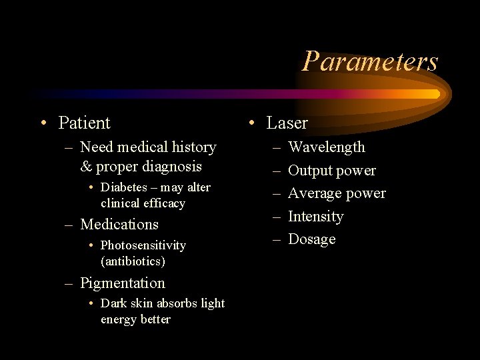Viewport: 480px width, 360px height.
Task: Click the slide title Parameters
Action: [x=370, y=61]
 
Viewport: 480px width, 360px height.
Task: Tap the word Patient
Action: [x=84, y=123]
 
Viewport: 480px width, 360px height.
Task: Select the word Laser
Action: [x=287, y=123]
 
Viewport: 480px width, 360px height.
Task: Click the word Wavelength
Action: [x=327, y=147]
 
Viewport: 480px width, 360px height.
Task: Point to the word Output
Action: [x=310, y=171]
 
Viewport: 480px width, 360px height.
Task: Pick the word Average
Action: [x=315, y=193]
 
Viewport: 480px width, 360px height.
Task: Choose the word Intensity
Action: [x=315, y=217]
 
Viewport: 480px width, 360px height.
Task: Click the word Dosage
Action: [x=311, y=239]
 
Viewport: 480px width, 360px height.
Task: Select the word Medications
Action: [x=119, y=225]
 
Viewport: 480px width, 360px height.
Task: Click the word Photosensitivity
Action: [x=143, y=245]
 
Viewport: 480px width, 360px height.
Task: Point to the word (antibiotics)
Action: [x=133, y=261]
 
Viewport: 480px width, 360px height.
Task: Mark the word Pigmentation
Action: [x=123, y=283]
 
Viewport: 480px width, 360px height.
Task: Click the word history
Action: [x=193, y=147]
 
